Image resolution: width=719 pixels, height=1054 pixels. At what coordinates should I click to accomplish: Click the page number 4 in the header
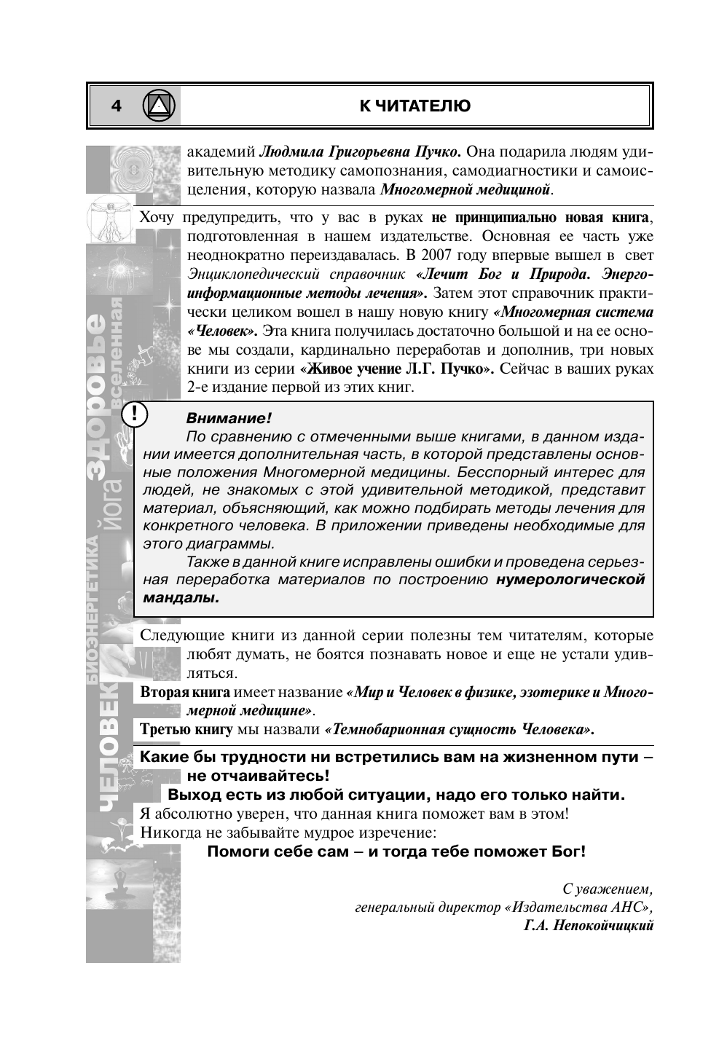(116, 106)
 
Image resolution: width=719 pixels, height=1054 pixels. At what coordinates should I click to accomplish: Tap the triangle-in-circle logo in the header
(160, 106)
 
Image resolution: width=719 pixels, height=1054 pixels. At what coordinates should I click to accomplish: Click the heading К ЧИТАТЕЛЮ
(415, 106)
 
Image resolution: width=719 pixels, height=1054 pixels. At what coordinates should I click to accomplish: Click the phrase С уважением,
(609, 889)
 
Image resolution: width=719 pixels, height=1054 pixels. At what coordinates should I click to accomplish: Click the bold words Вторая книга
(185, 691)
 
